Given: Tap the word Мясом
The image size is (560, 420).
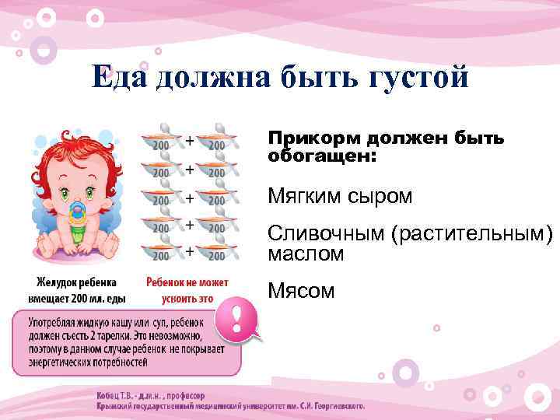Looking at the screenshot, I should click(x=301, y=291).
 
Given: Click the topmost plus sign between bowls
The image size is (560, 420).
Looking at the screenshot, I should click(x=189, y=140).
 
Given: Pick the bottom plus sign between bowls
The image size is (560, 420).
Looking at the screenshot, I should click(x=189, y=250).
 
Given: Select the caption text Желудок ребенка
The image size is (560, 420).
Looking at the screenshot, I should click(x=75, y=282).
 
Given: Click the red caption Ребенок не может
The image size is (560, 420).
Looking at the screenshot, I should click(x=187, y=282).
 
